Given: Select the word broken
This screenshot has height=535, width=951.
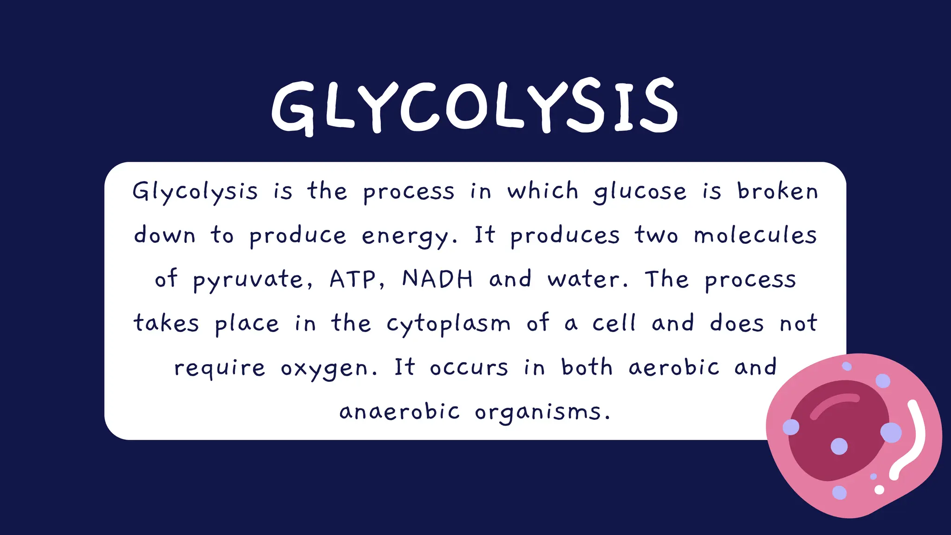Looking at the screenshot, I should click(x=778, y=191).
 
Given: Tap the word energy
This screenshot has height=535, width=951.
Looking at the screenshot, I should click(x=405, y=236).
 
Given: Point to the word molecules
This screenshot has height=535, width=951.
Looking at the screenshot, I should click(x=755, y=235).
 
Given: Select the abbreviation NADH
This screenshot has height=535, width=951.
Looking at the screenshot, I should click(x=437, y=279).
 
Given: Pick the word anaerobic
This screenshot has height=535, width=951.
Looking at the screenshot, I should click(x=400, y=412).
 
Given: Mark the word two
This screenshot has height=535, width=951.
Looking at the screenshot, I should click(x=656, y=235).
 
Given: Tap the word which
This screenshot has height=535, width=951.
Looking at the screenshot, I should click(x=543, y=191).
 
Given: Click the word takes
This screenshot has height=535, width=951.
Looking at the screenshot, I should click(x=166, y=324).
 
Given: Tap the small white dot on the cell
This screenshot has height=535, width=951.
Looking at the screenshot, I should click(x=879, y=489).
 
